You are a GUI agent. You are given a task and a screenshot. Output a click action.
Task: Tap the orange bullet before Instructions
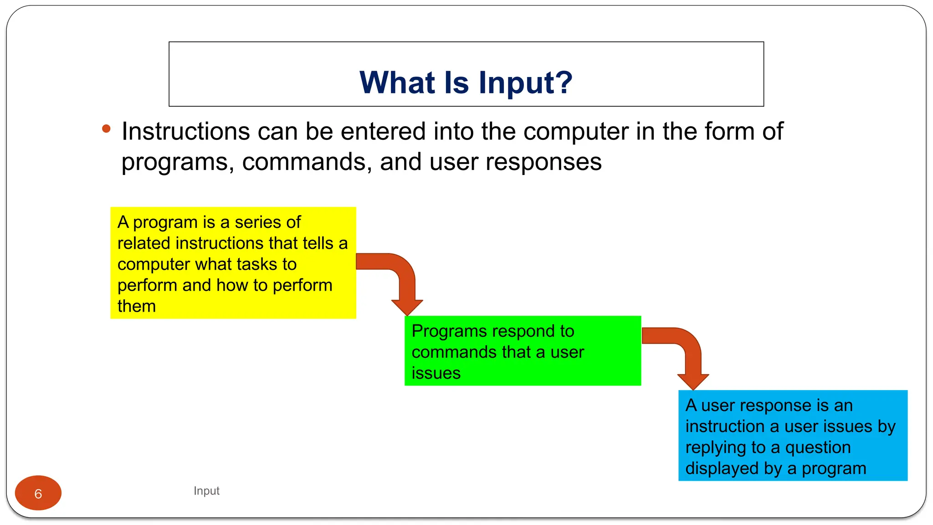pos(106,129)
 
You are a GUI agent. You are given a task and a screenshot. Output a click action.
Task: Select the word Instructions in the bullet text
pos(186,132)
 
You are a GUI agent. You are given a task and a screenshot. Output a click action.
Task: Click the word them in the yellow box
pos(137,306)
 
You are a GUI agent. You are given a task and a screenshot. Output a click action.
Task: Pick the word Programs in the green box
pos(451,331)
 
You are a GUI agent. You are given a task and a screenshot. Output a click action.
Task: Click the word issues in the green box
pos(436,373)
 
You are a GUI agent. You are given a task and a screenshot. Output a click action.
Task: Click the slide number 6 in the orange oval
pos(38,494)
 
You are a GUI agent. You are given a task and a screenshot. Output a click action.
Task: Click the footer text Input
pos(206,491)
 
